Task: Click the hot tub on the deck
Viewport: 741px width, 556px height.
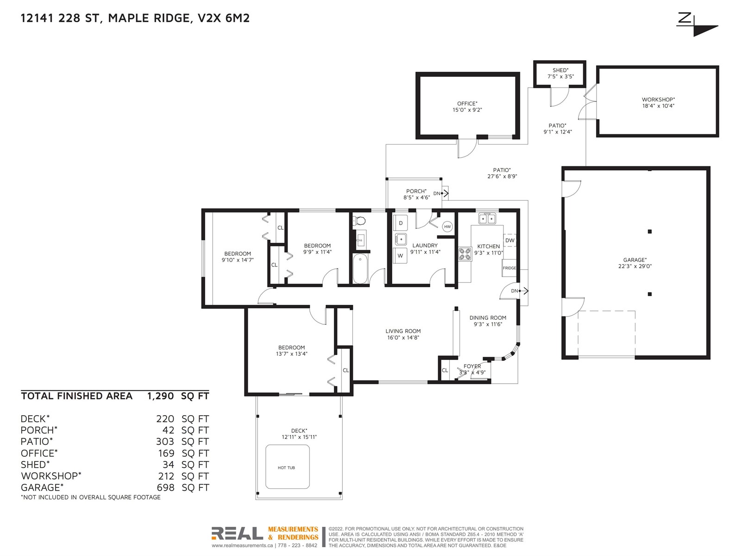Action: tap(287, 467)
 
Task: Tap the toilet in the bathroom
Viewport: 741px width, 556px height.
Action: tap(359, 221)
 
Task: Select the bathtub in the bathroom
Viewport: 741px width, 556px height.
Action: tap(360, 269)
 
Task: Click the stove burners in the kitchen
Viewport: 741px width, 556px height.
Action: tap(465, 254)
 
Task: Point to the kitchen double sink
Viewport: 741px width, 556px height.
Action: tap(487, 219)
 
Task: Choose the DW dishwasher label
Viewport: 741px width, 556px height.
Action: tap(510, 240)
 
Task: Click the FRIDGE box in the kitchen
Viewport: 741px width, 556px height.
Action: tap(509, 268)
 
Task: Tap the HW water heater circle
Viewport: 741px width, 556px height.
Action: tap(447, 227)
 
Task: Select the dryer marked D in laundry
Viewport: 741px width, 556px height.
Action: tap(401, 223)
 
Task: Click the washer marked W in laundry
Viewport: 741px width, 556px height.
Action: tap(401, 256)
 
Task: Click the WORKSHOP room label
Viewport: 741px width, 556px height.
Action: tap(658, 100)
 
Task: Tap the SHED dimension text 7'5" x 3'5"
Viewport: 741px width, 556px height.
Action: tap(560, 76)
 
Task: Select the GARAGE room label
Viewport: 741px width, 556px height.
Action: tap(634, 260)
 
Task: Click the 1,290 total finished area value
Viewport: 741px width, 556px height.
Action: tap(160, 396)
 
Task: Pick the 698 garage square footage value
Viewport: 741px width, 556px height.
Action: tap(165, 487)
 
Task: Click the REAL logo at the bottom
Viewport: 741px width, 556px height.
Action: tap(237, 533)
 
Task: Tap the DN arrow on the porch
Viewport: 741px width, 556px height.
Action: tap(445, 193)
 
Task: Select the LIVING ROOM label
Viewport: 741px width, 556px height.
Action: tap(403, 331)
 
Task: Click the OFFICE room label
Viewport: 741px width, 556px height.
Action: tap(467, 104)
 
